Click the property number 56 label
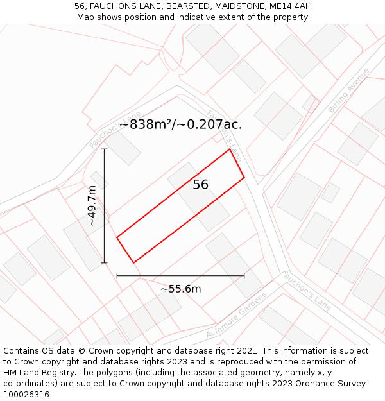201,185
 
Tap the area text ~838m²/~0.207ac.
180,124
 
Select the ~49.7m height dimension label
92,206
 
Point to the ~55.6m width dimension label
180,289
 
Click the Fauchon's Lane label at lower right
306,291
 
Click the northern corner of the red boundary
230,149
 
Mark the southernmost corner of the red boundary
133,262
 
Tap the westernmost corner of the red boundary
117,238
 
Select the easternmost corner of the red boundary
244,177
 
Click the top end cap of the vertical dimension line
104,149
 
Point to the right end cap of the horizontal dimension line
244,276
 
